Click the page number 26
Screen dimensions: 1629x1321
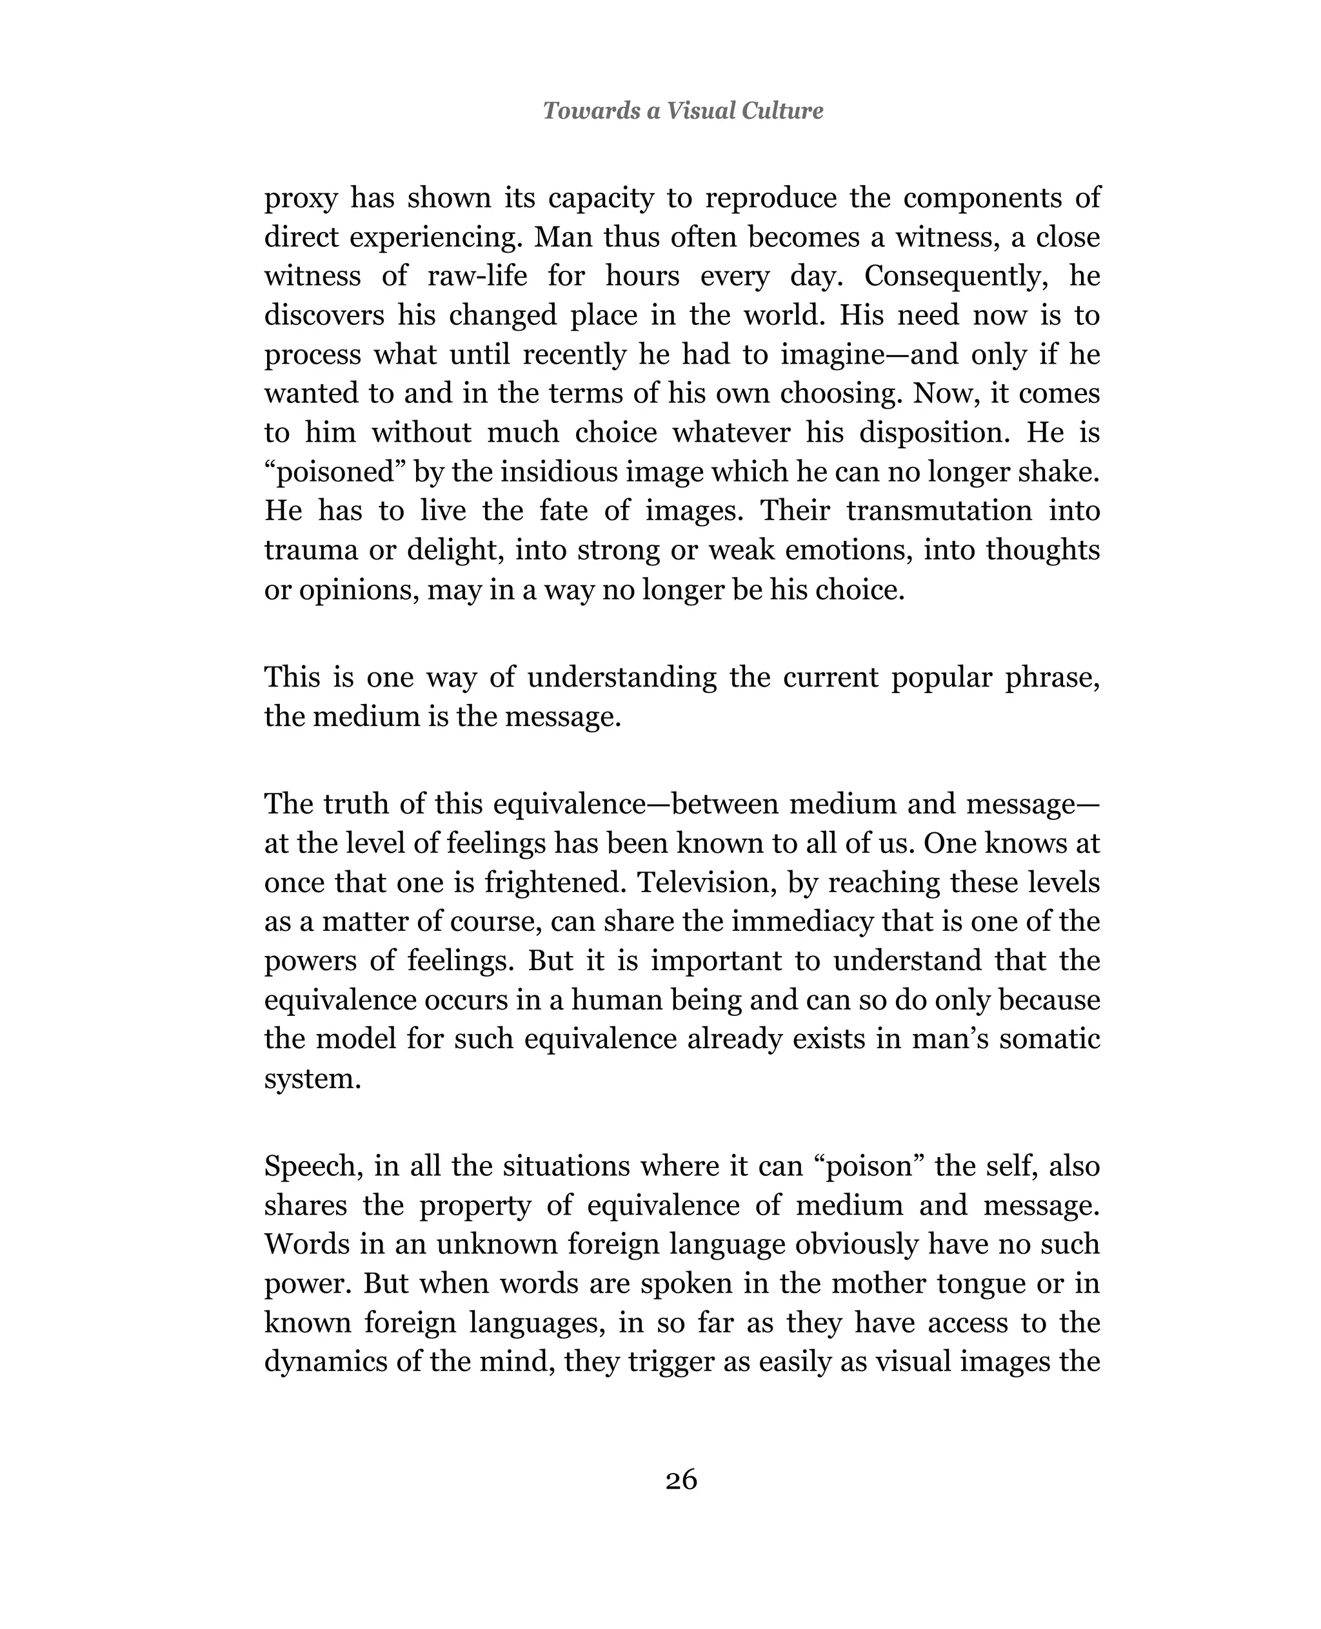tap(681, 1479)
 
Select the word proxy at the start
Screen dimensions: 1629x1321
tap(300, 199)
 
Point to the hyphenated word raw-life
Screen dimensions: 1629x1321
tap(477, 275)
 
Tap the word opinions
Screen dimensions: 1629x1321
tap(357, 589)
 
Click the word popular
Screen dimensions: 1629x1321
tap(941, 677)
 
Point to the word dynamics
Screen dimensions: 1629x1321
tap(324, 1362)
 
